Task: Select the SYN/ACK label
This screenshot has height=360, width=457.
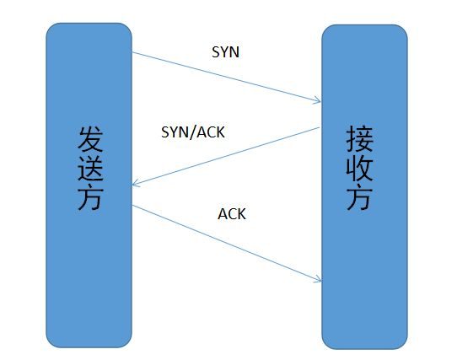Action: tap(192, 133)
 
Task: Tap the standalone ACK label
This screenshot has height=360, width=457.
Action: tap(232, 214)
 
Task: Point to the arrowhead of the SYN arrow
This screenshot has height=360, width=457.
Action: tap(320, 102)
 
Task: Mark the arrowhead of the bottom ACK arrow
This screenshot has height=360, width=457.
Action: tap(320, 281)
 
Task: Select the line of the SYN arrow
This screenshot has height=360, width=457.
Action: tap(226, 78)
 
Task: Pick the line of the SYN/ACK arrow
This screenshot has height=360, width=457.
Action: tap(226, 157)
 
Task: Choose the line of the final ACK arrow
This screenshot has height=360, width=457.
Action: tap(226, 242)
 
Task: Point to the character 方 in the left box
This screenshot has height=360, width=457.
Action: tap(89, 197)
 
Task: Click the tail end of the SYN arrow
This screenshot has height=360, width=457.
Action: tap(134, 54)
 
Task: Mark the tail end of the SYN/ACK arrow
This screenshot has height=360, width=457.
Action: tap(319, 127)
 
